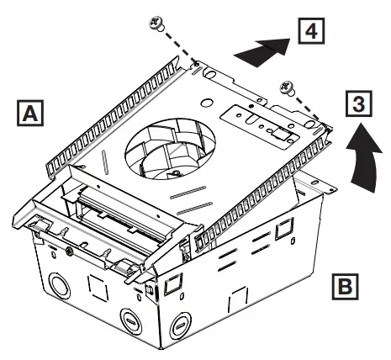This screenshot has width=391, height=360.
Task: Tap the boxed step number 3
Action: coord(358,105)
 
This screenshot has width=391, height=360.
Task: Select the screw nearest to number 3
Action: coord(288,85)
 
